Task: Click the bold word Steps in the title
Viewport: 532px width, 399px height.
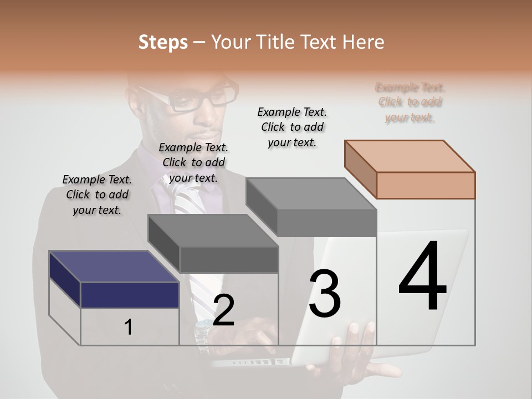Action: pyautogui.click(x=163, y=42)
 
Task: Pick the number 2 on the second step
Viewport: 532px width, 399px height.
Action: pyautogui.click(x=223, y=310)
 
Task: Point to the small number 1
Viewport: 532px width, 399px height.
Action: pyautogui.click(x=129, y=328)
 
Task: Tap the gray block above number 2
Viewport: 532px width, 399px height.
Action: pyautogui.click(x=228, y=258)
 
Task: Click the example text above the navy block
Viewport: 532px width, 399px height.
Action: pyautogui.click(x=97, y=195)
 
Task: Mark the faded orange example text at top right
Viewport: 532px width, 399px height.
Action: pyautogui.click(x=410, y=103)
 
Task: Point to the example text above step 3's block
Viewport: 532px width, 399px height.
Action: pyautogui.click(x=292, y=127)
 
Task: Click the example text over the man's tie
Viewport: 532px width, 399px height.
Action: pyautogui.click(x=193, y=162)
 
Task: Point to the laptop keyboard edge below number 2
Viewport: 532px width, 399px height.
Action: pyautogui.click(x=249, y=363)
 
